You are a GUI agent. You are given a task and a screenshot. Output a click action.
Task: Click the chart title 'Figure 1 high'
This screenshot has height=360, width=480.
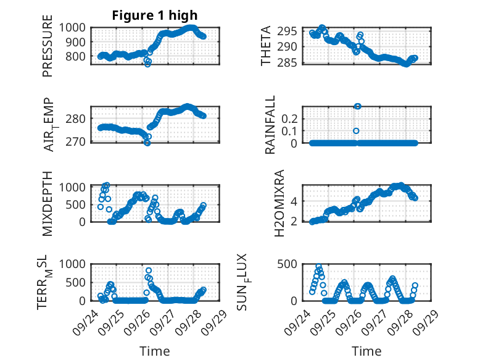click(x=154, y=15)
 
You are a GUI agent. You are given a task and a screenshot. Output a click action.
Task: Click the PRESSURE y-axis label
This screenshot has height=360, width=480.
click(x=48, y=51)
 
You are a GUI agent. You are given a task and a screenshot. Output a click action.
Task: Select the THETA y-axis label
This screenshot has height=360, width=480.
click(x=266, y=46)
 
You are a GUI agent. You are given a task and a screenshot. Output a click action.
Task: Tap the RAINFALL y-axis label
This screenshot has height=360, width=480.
click(x=270, y=125)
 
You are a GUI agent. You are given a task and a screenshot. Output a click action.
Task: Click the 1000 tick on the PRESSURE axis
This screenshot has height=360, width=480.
click(x=77, y=27)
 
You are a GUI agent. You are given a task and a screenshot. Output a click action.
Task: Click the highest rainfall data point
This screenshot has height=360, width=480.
click(x=357, y=106)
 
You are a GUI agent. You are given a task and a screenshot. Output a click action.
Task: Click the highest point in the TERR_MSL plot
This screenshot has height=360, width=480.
click(x=149, y=270)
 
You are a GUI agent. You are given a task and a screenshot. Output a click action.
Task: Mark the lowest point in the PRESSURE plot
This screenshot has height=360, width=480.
click(x=147, y=64)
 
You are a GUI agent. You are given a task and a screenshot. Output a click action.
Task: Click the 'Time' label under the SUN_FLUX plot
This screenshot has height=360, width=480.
click(x=366, y=351)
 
